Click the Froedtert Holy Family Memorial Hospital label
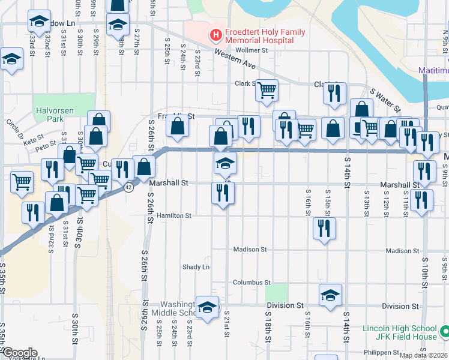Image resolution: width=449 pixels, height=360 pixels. (259, 36)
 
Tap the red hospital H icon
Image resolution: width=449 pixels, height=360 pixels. (215, 36)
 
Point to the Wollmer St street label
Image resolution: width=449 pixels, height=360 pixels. (251, 50)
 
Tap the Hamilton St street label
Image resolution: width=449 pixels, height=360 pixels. (173, 215)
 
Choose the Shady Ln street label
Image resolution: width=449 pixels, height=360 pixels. (196, 267)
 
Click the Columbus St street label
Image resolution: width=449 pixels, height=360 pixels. (252, 282)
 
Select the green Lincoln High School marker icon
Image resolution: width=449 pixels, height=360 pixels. (444, 332)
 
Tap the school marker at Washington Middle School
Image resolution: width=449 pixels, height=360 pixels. (207, 308)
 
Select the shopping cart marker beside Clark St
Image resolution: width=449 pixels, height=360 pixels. (267, 91)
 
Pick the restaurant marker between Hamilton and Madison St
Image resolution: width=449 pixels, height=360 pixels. (324, 227)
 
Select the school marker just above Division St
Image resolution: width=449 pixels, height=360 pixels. (330, 295)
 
